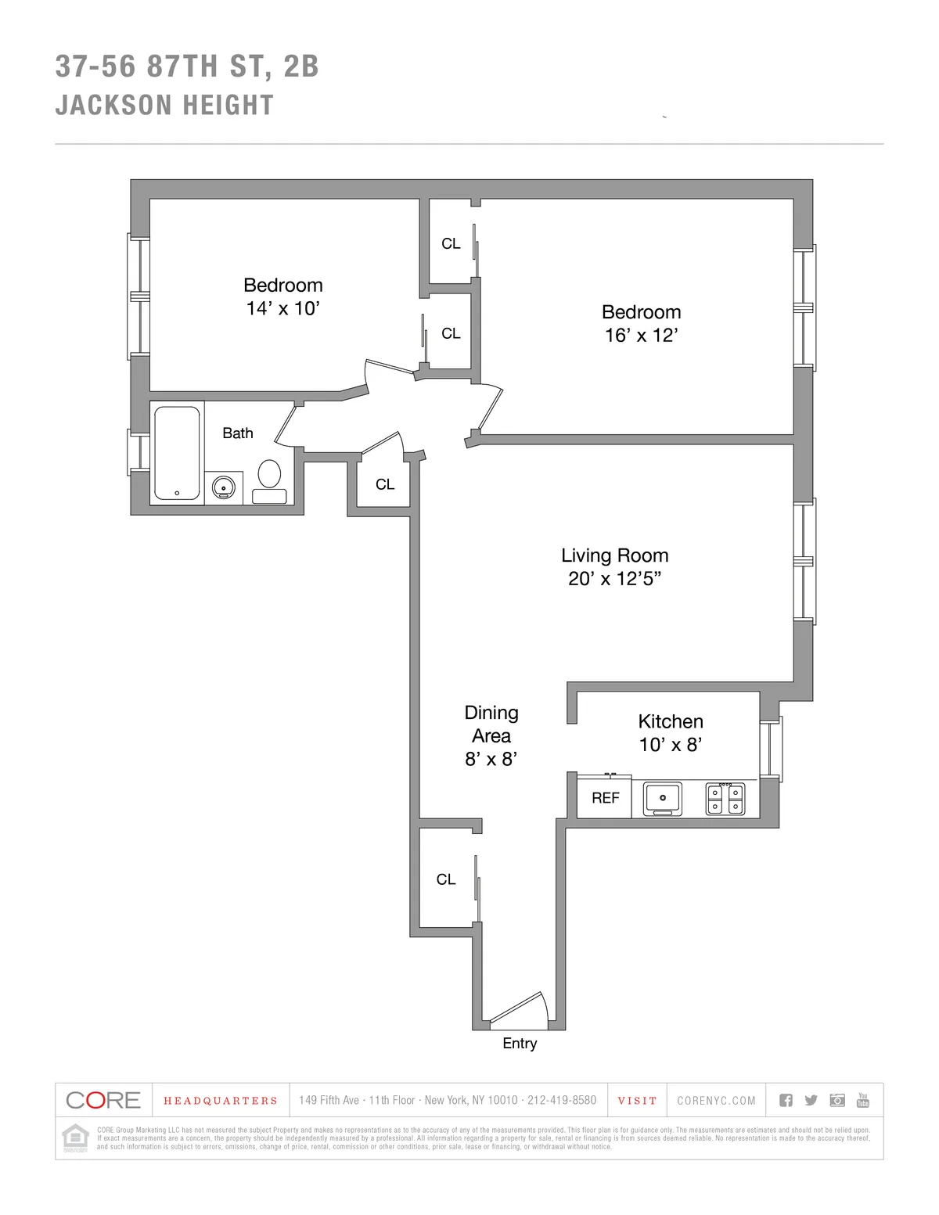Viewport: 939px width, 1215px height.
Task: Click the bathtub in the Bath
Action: click(177, 453)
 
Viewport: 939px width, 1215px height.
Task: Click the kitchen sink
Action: click(663, 798)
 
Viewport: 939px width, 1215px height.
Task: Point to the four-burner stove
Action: click(725, 799)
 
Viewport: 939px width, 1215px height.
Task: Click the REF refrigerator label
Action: click(605, 798)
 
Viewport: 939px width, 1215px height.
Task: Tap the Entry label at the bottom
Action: click(520, 1043)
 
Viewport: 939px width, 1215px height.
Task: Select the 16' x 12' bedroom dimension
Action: click(641, 335)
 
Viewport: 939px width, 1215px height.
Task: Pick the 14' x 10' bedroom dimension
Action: click(282, 308)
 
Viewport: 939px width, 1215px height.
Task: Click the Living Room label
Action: click(614, 555)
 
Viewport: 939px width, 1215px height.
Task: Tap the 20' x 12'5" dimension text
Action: click(614, 579)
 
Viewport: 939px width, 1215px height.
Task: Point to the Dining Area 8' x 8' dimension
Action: click(491, 759)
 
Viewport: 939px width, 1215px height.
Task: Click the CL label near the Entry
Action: click(446, 879)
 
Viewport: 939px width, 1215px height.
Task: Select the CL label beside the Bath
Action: click(385, 484)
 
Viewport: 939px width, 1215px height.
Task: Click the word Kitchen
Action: click(671, 721)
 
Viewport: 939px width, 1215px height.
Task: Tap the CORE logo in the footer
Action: click(103, 1100)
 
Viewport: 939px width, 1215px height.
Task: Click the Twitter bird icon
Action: click(811, 1100)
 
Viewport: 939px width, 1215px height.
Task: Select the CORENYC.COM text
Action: click(716, 1101)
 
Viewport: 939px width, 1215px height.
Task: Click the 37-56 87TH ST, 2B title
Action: click(187, 67)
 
